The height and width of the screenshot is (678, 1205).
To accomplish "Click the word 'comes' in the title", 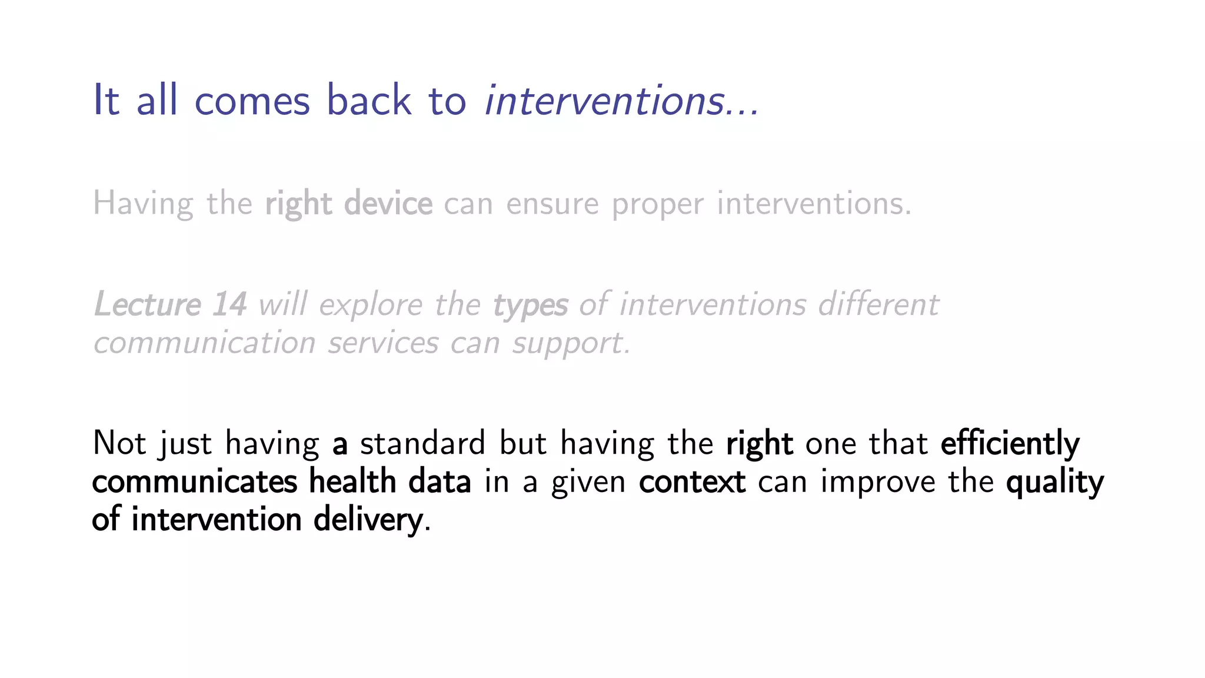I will (252, 101).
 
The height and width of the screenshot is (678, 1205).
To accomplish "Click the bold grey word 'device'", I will (388, 204).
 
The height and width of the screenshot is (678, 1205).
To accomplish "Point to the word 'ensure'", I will (552, 205).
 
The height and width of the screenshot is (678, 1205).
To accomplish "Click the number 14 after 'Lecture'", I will (229, 305).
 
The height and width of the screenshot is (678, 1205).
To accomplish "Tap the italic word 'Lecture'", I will (148, 305).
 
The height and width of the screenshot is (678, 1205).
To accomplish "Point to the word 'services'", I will (383, 343).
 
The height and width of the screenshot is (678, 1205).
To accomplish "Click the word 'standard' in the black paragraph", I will (422, 443).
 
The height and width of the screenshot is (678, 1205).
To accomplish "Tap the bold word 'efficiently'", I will (1010, 443).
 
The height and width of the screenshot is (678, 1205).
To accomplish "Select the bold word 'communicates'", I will (195, 481).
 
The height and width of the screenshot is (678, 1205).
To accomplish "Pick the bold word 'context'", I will (692, 481).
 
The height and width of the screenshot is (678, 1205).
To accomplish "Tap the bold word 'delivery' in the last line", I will (368, 520).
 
